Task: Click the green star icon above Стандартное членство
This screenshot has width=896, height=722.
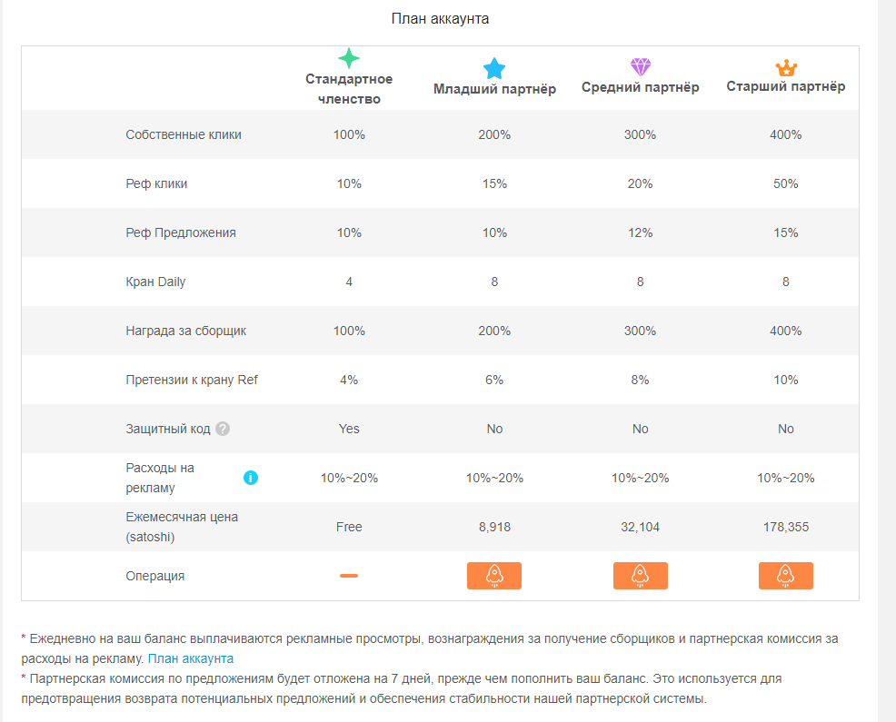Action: (349, 58)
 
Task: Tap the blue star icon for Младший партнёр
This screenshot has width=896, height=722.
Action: (494, 68)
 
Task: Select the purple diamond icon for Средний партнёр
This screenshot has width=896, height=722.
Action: (641, 67)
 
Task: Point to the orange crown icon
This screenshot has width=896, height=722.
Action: (786, 68)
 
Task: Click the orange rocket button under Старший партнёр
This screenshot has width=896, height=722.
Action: (786, 576)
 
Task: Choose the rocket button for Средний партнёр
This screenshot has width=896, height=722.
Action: (640, 576)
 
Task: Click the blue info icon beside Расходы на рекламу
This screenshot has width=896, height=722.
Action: (250, 478)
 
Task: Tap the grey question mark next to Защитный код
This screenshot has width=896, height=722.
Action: (223, 429)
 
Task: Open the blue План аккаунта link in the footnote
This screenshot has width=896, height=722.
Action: (190, 658)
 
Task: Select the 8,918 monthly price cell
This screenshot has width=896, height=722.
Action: (494, 527)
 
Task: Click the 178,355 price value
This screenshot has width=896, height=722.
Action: (786, 527)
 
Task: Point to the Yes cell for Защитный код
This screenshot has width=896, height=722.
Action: (349, 429)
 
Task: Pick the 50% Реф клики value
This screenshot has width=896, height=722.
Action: (786, 183)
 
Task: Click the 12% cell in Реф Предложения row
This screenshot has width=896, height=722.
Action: (640, 232)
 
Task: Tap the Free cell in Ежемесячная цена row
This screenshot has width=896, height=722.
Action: (349, 527)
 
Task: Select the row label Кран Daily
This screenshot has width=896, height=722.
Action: (155, 282)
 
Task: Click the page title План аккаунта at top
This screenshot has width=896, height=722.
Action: (440, 19)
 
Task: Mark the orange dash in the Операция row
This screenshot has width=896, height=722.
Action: (349, 576)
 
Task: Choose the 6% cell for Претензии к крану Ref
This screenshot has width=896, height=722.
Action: (494, 380)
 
